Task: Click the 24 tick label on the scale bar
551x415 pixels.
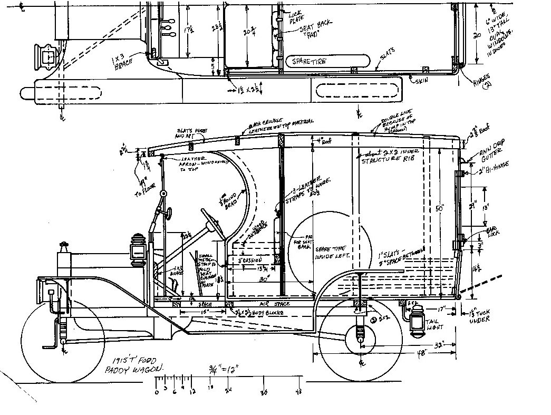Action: tap(228, 391)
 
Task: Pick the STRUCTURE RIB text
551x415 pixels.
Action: tap(386, 161)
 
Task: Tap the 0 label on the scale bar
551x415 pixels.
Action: tap(157, 392)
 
